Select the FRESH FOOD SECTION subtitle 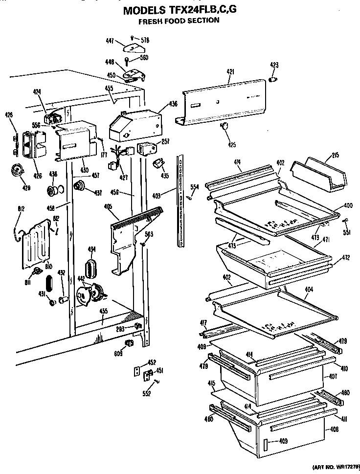[178, 21]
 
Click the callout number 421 [231, 71]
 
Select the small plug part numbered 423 [274, 79]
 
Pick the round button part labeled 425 [225, 126]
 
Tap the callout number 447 [111, 42]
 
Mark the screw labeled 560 [127, 61]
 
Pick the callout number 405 [108, 206]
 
